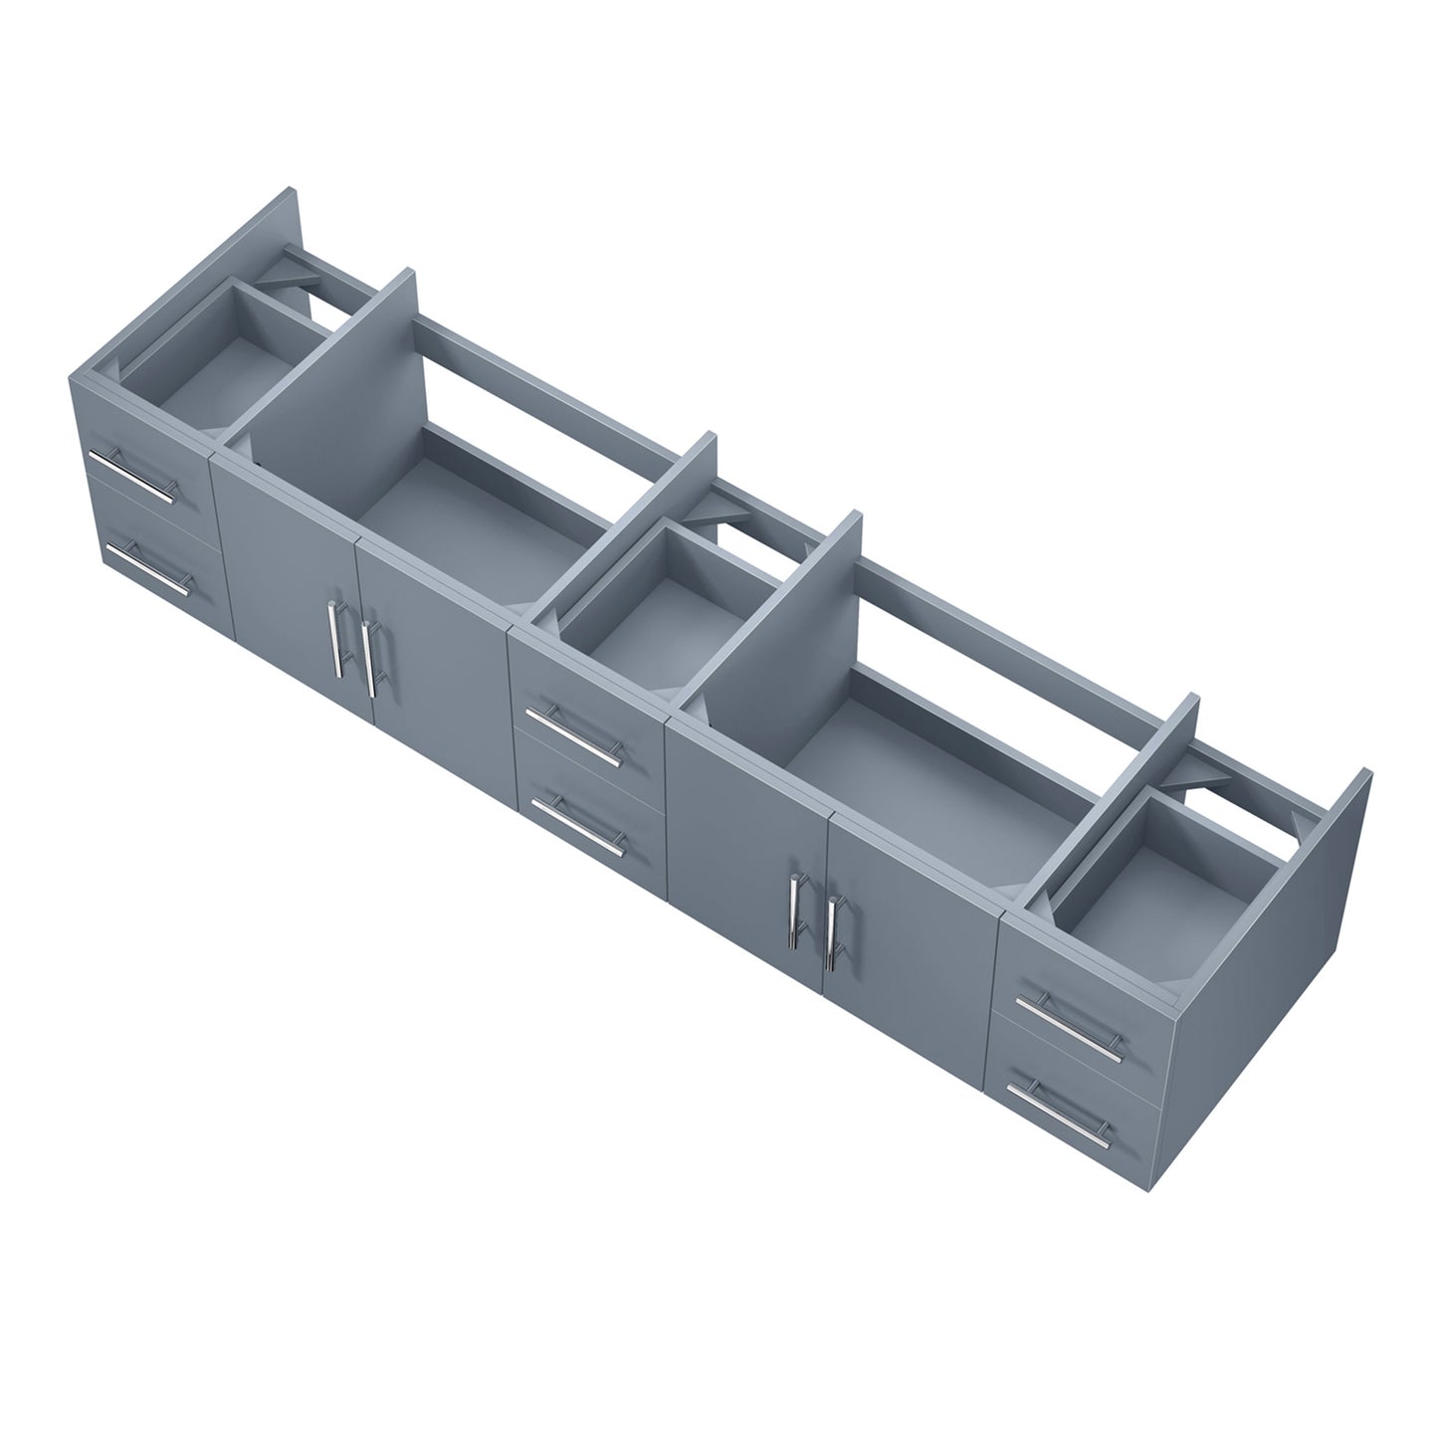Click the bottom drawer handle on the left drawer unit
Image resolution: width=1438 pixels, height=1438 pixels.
[x=146, y=568]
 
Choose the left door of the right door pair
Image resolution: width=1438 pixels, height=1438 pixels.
[x=746, y=846]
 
